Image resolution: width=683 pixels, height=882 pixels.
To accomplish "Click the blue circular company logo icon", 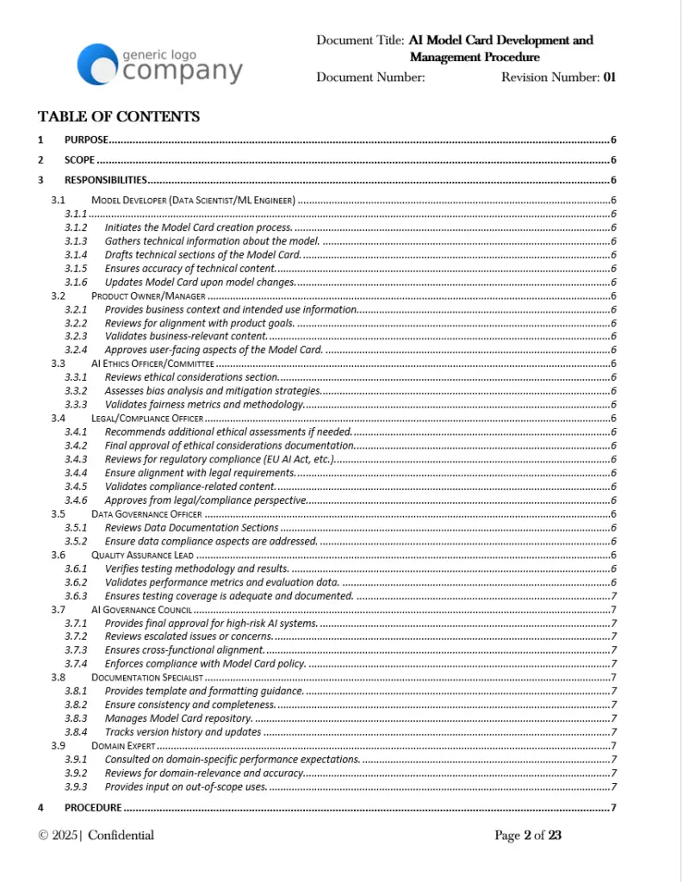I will tap(97, 65).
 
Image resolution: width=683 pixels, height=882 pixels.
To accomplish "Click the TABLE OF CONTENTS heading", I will tap(119, 117).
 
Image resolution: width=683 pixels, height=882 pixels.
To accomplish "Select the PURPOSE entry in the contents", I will tap(86, 140).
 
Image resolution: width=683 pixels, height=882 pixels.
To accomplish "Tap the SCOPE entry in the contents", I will tap(79, 160).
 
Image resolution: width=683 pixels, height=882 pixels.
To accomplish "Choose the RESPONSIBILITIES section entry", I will tap(105, 180).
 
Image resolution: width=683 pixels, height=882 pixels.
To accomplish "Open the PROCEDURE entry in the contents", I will tap(92, 807).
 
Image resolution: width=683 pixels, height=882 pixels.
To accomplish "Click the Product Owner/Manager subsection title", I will tap(148, 295).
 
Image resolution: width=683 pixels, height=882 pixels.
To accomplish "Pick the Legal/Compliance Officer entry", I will tap(147, 418).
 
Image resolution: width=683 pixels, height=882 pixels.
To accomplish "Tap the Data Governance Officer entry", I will tap(146, 514).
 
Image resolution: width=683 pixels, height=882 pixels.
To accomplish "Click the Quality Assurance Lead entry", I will tap(142, 555).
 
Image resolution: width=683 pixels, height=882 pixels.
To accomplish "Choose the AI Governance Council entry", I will tap(141, 610).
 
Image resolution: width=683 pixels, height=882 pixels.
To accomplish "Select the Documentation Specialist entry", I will tap(146, 678).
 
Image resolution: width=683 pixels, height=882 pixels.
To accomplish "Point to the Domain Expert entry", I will tap(122, 746).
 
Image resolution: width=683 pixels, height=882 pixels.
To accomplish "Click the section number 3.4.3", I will tap(76, 459).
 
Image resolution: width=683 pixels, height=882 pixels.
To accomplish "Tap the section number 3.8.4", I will tap(76, 732).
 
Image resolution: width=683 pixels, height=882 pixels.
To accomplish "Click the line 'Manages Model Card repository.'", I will tap(178, 718).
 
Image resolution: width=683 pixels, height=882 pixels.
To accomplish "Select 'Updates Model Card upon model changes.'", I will tap(200, 282).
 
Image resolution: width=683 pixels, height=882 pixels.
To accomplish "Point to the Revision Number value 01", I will tap(610, 78).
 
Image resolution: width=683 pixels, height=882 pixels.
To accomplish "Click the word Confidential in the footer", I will tap(121, 835).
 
